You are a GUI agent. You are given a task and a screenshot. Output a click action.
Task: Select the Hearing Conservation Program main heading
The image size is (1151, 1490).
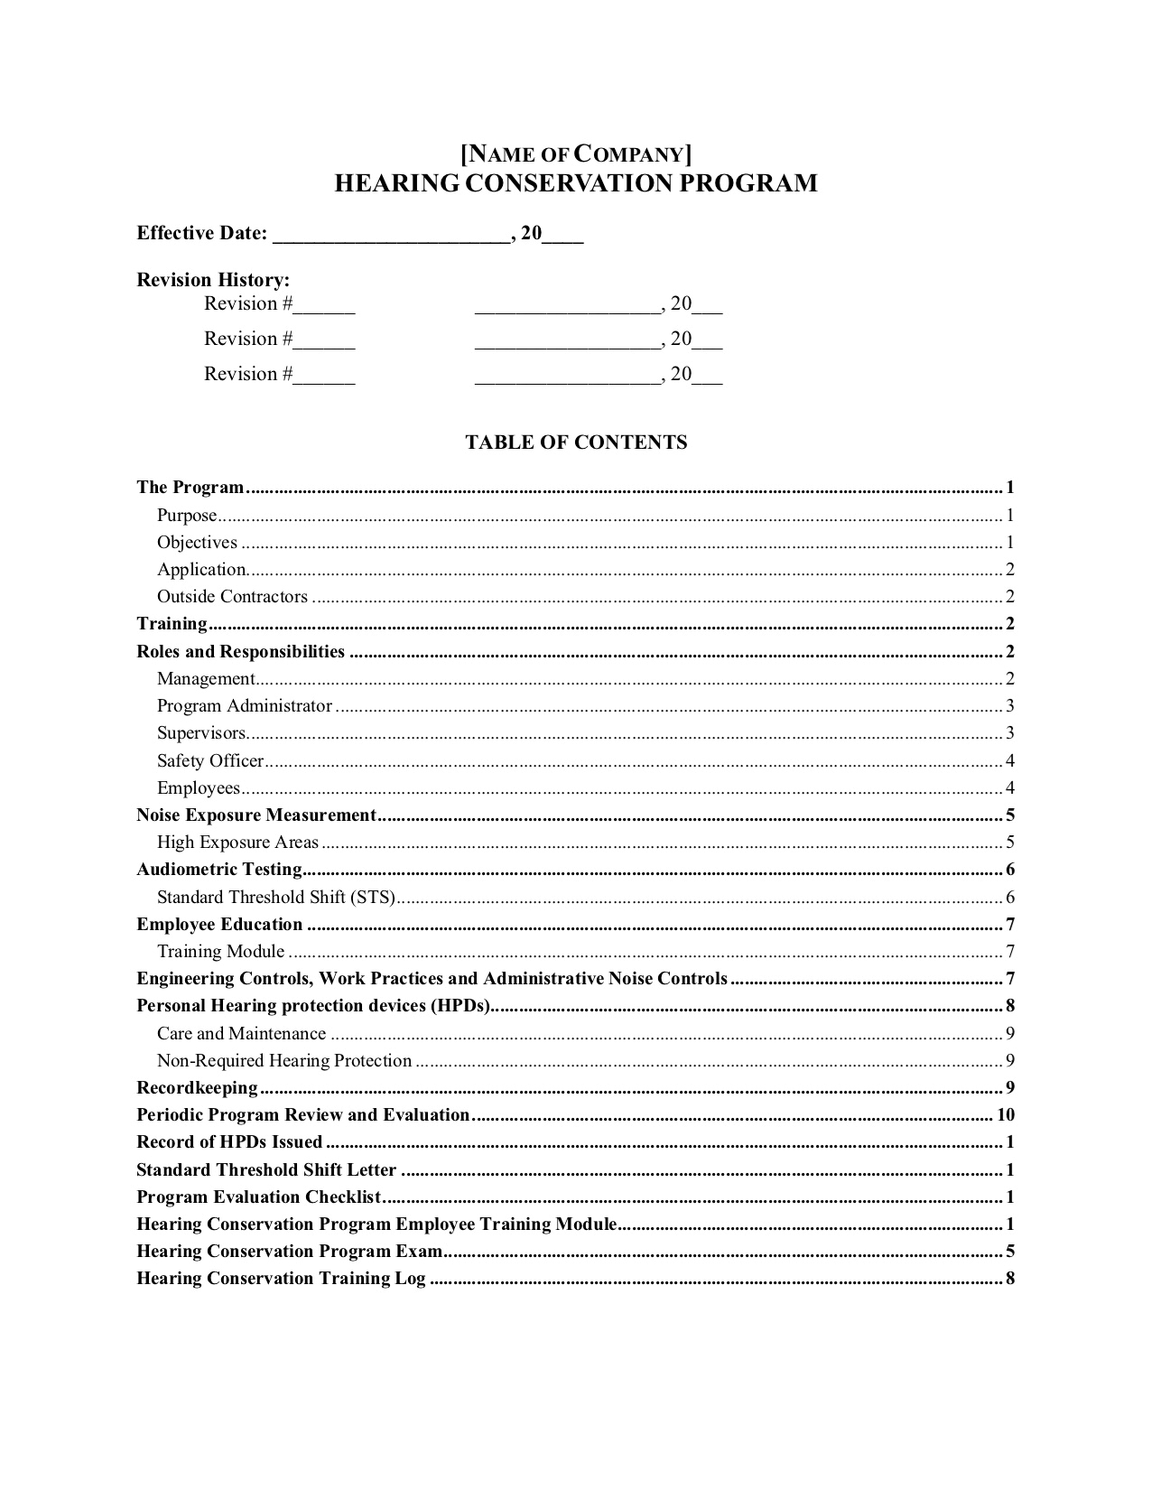576,183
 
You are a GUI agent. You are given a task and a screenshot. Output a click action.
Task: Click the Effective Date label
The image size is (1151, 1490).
202,233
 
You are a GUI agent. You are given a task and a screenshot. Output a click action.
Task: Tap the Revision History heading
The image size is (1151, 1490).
213,280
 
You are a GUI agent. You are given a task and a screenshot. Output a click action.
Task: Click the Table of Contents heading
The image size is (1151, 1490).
576,442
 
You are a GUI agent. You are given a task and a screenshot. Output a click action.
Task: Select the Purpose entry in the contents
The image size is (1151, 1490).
188,516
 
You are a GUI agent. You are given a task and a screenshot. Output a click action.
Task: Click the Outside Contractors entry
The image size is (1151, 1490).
232,597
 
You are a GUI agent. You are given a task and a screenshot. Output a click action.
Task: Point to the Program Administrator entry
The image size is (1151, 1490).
245,706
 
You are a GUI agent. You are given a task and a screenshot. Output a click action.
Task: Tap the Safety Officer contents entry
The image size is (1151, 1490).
210,760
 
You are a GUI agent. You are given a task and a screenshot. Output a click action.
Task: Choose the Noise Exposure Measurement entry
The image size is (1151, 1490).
255,815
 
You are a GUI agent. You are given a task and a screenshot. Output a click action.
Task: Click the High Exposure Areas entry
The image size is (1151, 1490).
238,843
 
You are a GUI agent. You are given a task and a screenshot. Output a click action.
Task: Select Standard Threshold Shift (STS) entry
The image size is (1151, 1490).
276,898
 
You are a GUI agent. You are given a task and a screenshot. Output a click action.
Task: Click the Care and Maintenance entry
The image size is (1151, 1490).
241,1034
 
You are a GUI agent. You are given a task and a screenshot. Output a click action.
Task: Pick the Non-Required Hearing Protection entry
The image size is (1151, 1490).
284,1061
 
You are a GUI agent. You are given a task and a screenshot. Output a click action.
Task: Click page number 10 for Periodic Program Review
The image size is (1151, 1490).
1006,1115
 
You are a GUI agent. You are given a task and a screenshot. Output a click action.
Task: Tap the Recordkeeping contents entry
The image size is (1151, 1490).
197,1088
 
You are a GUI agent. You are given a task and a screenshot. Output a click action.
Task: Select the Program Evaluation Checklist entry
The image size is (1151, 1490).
258,1197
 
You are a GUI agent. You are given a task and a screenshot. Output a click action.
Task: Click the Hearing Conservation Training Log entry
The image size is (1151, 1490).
281,1279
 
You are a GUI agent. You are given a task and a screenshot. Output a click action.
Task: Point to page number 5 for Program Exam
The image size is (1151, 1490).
1010,1252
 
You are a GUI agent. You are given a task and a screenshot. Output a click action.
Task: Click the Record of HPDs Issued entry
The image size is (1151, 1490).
229,1142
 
